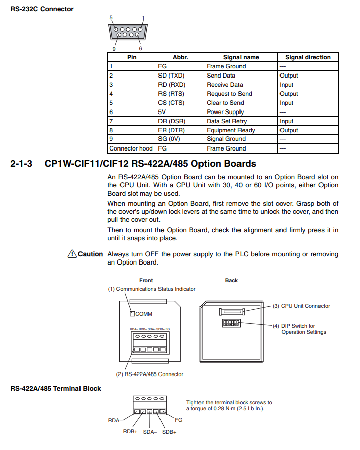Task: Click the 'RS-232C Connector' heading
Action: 42,9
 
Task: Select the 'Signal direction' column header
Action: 307,57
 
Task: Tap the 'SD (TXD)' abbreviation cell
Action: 171,76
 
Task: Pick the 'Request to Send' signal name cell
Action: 229,94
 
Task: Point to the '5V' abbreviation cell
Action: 163,112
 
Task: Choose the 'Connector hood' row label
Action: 131,148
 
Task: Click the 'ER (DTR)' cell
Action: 171,130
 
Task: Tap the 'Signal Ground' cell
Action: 226,139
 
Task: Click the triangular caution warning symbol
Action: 71,253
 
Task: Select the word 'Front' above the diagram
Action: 146,280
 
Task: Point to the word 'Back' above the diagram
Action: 231,280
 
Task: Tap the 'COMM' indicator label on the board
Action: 144,314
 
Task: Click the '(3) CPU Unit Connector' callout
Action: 301,306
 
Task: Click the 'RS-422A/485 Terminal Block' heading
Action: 56,389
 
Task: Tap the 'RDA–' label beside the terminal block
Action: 115,420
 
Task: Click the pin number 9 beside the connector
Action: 114,49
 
